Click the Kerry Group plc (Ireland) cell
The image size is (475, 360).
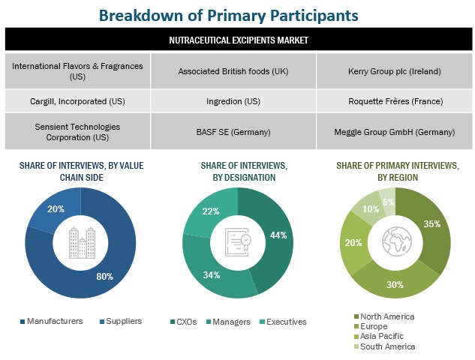pyautogui.click(x=395, y=71)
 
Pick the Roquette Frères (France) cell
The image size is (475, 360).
pyautogui.click(x=395, y=100)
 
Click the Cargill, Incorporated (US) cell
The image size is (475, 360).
pyautogui.click(x=77, y=100)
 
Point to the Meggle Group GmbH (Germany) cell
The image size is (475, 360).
pyautogui.click(x=395, y=132)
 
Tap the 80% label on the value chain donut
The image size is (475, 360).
pyautogui.click(x=105, y=277)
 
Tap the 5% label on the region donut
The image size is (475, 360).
pyautogui.click(x=388, y=201)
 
